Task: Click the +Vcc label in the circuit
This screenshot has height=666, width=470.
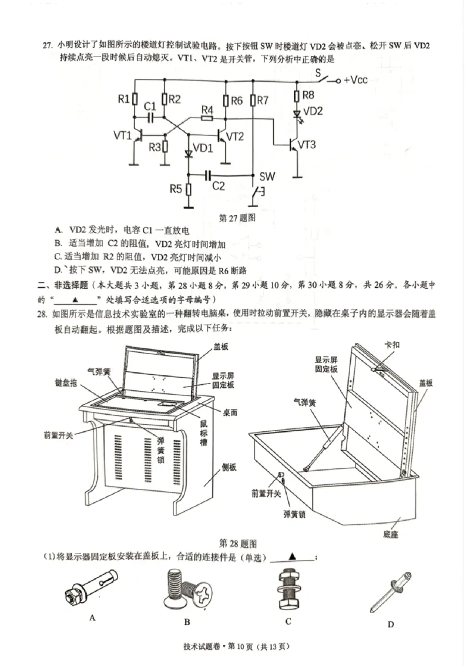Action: pyautogui.click(x=355, y=79)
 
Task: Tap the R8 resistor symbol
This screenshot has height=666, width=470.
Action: pyautogui.click(x=297, y=95)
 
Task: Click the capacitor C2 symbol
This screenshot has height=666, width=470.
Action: pyautogui.click(x=207, y=175)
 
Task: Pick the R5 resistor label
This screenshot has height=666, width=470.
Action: pyautogui.click(x=176, y=189)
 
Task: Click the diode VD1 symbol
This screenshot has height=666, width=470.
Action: pyautogui.click(x=189, y=154)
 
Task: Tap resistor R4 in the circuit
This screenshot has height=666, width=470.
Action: pyautogui.click(x=207, y=118)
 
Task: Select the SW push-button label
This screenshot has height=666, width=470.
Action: pyautogui.click(x=267, y=177)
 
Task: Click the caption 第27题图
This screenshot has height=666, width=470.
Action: pyautogui.click(x=237, y=217)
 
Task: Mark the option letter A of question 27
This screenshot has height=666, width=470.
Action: pyautogui.click(x=58, y=229)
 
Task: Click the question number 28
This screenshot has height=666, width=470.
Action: pyautogui.click(x=42, y=314)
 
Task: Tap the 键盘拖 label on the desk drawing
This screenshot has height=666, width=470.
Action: pyautogui.click(x=65, y=382)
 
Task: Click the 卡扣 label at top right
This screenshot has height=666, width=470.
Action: pyautogui.click(x=391, y=345)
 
